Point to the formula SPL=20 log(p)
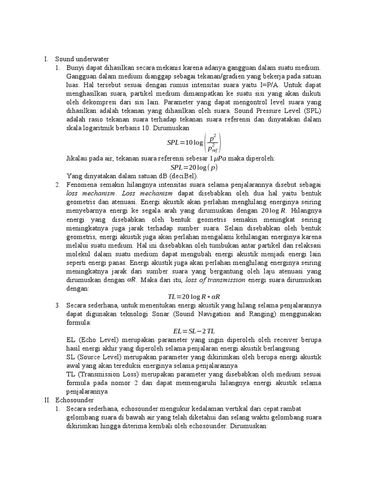pos(194,167)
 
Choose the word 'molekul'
pos(79,254)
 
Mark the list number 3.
pos(57,305)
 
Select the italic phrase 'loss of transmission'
pos(215,280)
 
